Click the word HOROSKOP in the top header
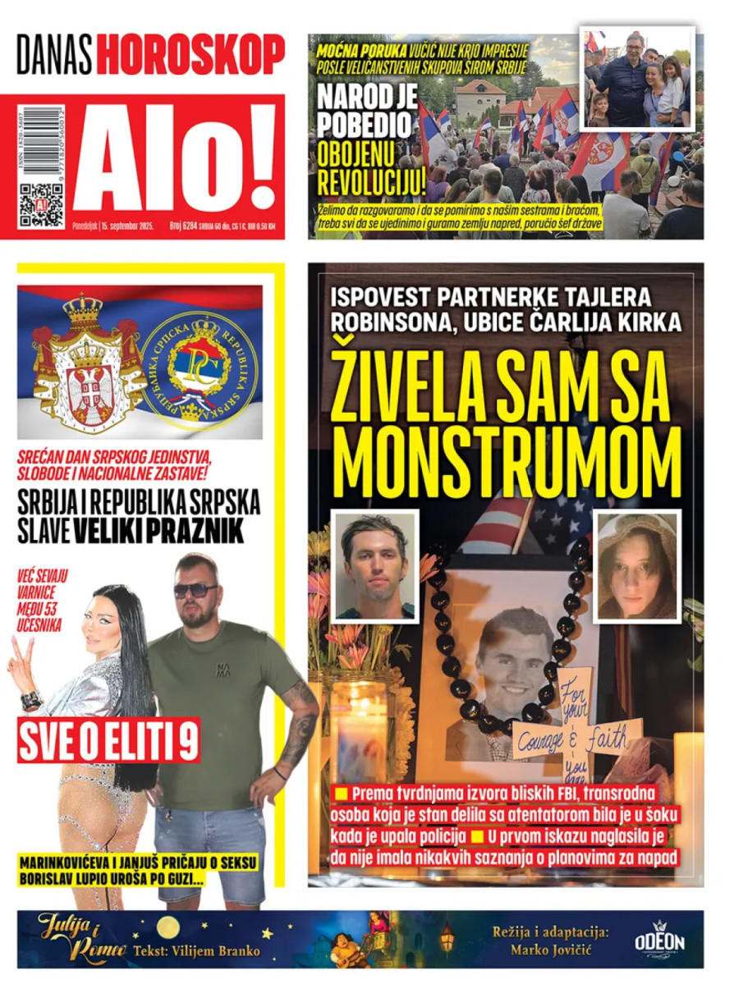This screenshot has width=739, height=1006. (190, 55)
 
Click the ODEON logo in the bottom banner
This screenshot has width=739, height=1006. (659, 940)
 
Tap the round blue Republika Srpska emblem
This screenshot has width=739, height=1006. (200, 362)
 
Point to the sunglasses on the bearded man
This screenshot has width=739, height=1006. (195, 590)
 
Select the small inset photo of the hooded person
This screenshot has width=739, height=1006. (637, 565)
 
